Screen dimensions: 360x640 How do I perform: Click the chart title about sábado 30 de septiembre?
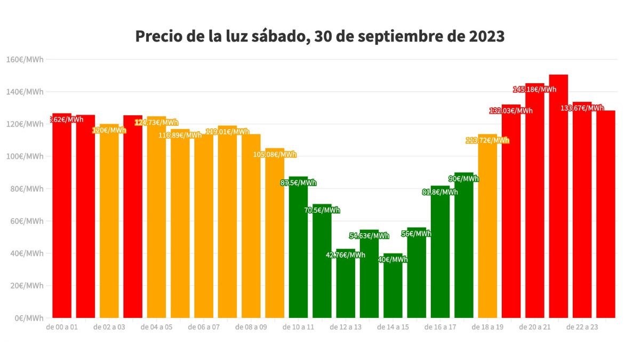pos(319,36)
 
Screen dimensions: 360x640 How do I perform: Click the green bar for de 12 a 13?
pos(346,283)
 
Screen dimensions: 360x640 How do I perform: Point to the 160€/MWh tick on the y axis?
pos(25,59)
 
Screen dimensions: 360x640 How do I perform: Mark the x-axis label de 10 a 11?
pos(298,327)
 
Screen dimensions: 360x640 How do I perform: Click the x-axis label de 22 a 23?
pos(582,327)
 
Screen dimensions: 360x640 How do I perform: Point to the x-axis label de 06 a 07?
pos(204,327)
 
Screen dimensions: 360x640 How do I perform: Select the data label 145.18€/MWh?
pos(534,89)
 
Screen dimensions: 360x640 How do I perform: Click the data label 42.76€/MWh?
pos(346,255)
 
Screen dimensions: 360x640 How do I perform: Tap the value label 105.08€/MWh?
pos(275,155)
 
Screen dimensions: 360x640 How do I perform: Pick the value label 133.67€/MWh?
pos(582,108)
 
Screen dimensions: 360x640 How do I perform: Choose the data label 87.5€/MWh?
pos(298,183)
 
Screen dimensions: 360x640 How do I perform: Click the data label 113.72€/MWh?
pos(487,140)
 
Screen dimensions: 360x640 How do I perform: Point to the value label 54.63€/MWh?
pos(369,236)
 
